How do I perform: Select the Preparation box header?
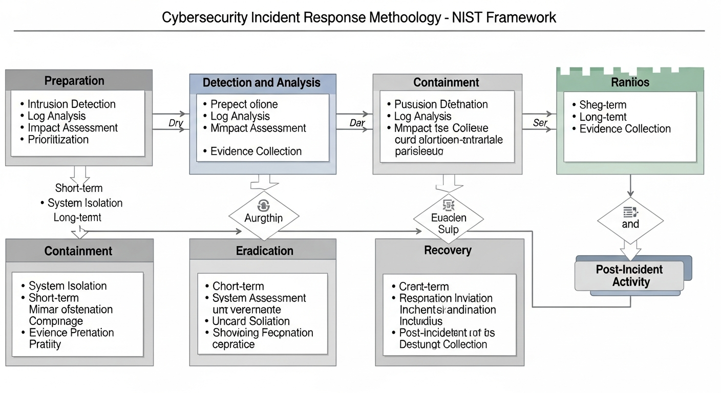click(x=74, y=81)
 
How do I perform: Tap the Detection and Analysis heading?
click(x=262, y=82)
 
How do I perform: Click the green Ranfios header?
click(x=630, y=82)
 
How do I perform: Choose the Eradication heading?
click(x=265, y=251)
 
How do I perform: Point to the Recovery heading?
click(x=448, y=250)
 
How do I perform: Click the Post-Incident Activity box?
click(x=629, y=276)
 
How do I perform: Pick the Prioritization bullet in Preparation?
click(x=58, y=140)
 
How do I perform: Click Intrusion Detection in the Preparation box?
click(x=71, y=104)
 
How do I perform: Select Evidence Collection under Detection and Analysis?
click(x=256, y=151)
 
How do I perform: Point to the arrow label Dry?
click(x=176, y=123)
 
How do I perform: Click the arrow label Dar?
click(x=356, y=123)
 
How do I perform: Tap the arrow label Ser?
click(x=540, y=123)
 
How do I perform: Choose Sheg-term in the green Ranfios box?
click(x=603, y=105)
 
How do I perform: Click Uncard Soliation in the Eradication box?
click(x=251, y=321)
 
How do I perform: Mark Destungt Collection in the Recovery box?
click(x=443, y=344)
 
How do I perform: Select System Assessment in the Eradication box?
click(x=259, y=298)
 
